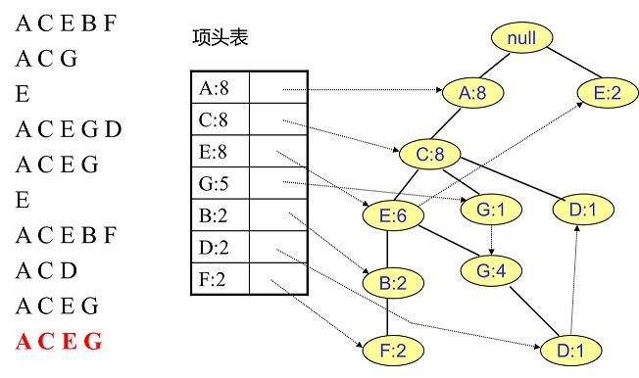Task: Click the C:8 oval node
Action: click(x=427, y=154)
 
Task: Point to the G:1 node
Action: click(x=491, y=209)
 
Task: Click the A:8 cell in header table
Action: click(x=219, y=87)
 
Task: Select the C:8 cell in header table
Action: click(x=219, y=119)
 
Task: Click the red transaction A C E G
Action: click(x=58, y=342)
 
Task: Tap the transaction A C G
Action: click(x=46, y=59)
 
